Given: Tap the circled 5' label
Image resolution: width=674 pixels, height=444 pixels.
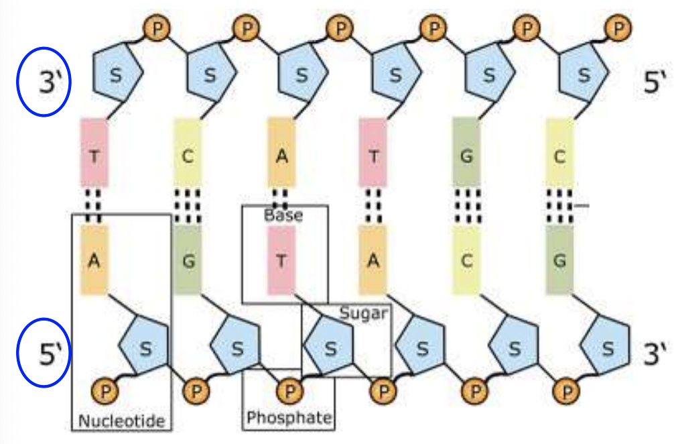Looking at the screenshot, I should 44,355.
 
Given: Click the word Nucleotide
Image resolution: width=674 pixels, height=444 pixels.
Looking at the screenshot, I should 121,421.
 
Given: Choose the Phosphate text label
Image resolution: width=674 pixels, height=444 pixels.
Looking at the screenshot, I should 289,418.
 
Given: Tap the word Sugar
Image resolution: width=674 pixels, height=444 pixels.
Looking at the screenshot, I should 363,313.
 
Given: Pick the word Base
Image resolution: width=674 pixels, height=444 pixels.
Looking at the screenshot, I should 283,216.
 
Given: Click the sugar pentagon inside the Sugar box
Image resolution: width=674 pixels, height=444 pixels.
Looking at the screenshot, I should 329,346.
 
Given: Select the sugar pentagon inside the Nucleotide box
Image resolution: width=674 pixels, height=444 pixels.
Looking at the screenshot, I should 144,346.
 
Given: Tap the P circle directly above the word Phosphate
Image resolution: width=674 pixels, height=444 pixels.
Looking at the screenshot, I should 290,388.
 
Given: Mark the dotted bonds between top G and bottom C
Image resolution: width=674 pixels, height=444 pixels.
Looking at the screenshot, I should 466,204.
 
